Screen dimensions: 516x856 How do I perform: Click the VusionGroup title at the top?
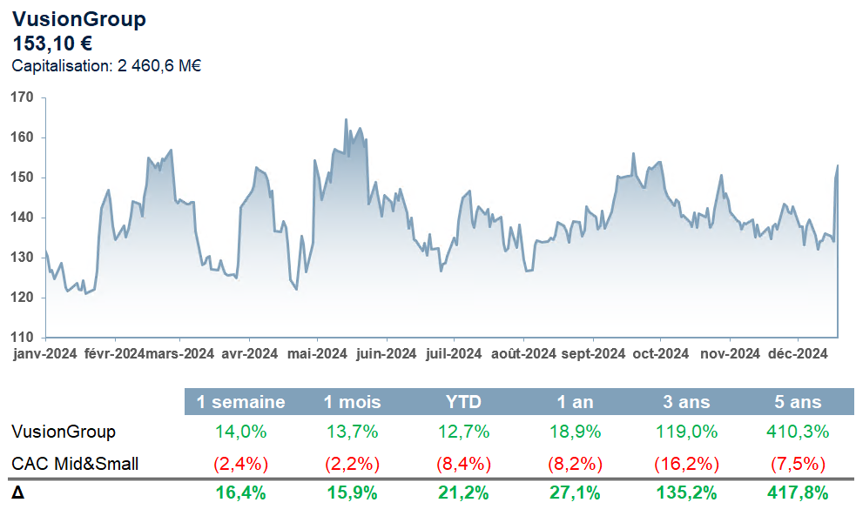coord(79,19)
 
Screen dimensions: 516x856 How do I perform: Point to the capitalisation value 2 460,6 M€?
coord(158,65)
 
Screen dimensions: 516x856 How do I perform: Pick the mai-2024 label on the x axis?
coord(318,353)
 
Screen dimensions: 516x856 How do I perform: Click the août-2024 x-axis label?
coord(523,353)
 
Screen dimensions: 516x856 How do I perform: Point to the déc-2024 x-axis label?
coord(798,353)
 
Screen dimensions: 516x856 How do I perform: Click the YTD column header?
coord(462,402)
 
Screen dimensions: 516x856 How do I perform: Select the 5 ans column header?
coord(798,402)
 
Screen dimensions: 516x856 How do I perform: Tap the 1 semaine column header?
coord(241,402)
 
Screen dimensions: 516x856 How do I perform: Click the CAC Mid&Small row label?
coord(75,464)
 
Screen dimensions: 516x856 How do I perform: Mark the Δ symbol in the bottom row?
coord(17,493)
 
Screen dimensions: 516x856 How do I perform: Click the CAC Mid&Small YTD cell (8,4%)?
coord(462,464)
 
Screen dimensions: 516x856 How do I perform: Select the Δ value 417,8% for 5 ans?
coord(798,493)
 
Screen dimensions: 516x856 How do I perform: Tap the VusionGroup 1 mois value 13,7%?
coord(352,432)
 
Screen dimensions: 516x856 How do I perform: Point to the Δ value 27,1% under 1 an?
coord(576,493)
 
